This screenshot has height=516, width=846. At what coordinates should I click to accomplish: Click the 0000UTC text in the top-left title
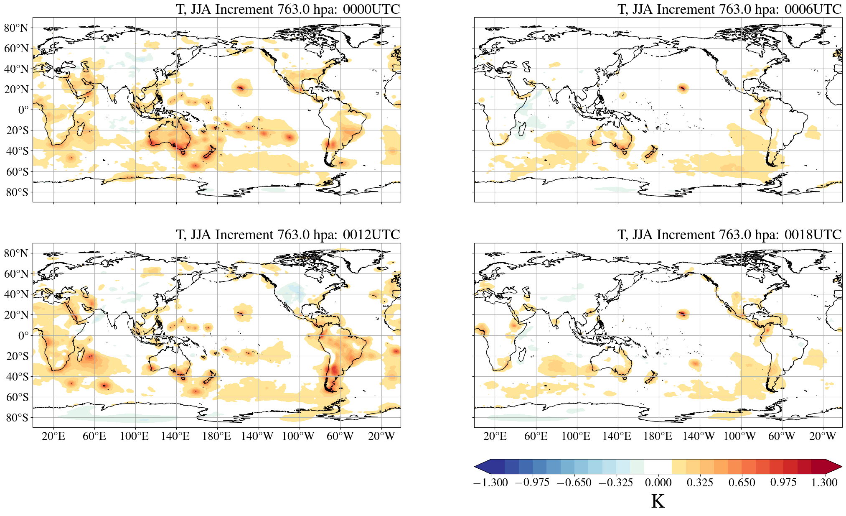pos(371,9)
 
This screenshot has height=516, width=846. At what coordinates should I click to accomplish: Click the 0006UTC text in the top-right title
pos(813,9)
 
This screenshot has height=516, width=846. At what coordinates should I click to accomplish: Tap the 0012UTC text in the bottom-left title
pos(371,235)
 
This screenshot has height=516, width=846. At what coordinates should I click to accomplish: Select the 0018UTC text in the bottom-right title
pos(813,235)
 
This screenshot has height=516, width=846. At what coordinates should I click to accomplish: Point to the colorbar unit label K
pos(658,501)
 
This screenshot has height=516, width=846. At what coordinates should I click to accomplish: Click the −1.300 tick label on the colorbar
pos(490,483)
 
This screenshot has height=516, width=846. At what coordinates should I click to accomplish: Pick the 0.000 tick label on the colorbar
pos(658,483)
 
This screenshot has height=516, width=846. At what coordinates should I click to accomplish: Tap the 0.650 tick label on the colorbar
pos(742,483)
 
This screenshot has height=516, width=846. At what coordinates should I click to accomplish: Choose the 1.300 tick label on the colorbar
pos(824,483)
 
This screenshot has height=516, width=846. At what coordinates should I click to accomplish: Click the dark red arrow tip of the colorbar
pos(834,466)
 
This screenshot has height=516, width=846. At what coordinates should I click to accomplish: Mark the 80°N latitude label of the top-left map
pos(16,28)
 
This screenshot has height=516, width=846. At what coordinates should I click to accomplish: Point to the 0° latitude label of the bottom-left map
pos(23,336)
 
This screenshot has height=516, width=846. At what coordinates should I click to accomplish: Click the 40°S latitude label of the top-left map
pos(17,151)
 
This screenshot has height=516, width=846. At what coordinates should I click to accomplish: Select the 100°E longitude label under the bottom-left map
pos(134,437)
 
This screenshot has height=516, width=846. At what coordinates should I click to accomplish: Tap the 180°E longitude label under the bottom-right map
pos(658,437)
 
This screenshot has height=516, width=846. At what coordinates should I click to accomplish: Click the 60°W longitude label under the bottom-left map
pos(340,437)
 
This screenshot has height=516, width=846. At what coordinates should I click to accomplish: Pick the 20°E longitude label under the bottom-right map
pos(495,437)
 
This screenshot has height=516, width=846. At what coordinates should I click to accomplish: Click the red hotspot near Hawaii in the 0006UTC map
pos(682,88)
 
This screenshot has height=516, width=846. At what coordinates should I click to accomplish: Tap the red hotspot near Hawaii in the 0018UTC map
pos(682,313)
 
